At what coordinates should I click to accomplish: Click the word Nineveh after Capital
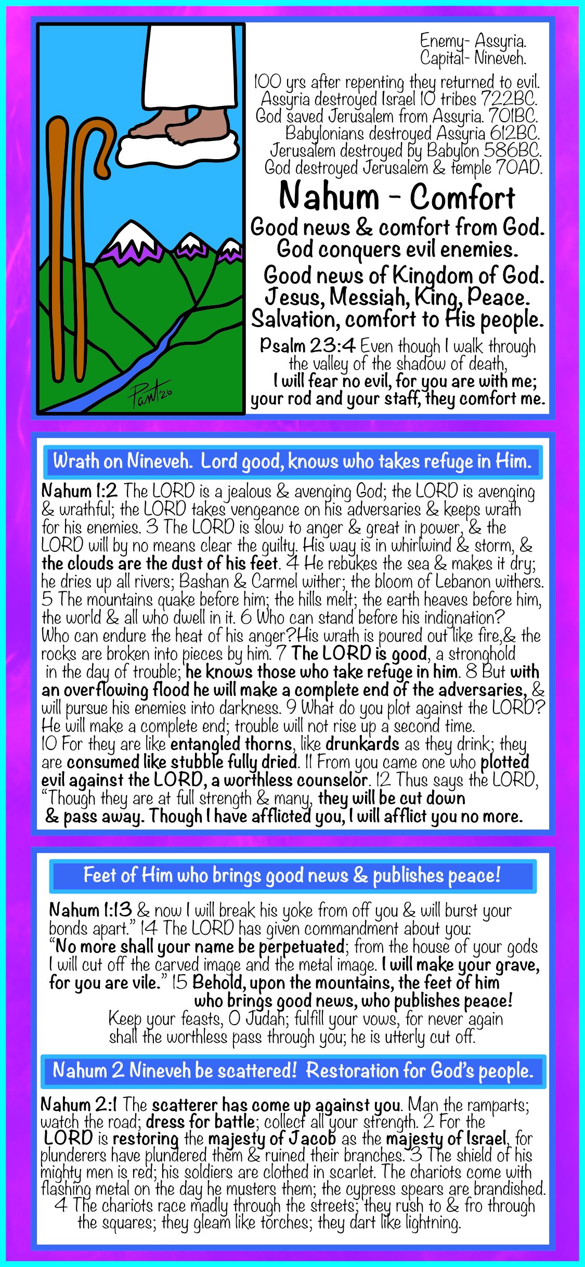click(500, 58)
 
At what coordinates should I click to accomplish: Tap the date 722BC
click(509, 98)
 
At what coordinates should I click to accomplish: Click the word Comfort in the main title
click(462, 198)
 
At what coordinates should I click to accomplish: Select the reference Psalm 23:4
click(307, 345)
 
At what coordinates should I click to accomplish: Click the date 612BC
click(515, 133)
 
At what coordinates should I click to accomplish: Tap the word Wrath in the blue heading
click(76, 461)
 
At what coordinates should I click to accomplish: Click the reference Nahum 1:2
click(79, 490)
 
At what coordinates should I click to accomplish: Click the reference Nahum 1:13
click(90, 910)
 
